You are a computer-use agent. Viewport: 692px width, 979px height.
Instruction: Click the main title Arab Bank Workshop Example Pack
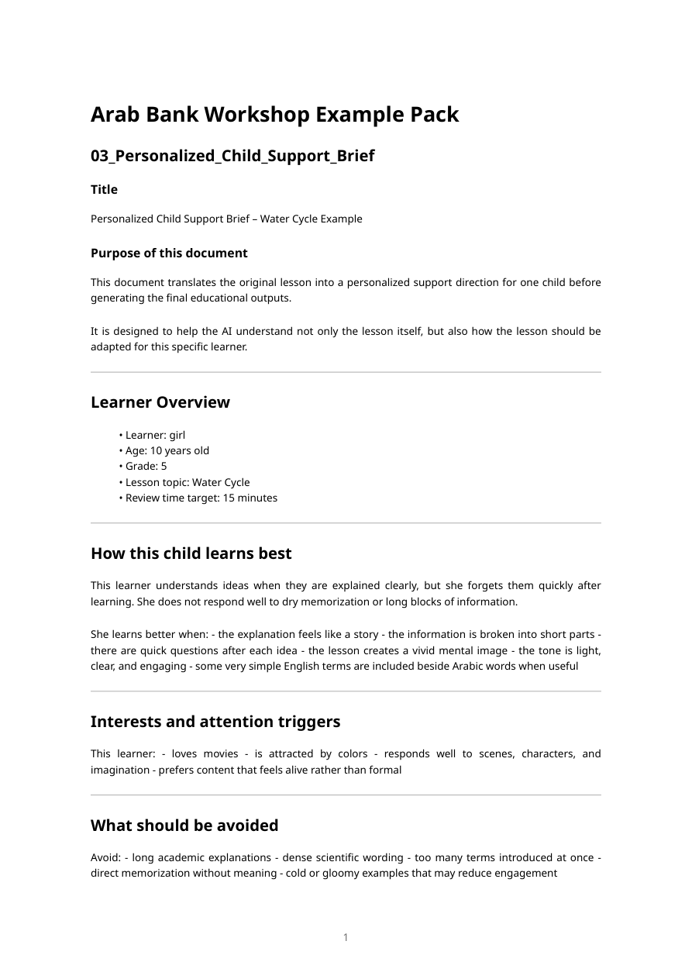[274, 115]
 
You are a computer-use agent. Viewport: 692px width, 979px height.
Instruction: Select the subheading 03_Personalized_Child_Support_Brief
[232, 156]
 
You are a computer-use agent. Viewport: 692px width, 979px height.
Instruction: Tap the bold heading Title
[104, 190]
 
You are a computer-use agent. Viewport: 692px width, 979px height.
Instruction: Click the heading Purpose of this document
[169, 253]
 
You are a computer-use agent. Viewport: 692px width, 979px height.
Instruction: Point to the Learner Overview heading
[160, 402]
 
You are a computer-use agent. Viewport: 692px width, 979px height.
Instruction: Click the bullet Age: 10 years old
[167, 450]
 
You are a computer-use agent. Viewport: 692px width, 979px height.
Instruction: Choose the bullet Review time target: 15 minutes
[201, 498]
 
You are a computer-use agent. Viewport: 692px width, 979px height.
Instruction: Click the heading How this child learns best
[191, 553]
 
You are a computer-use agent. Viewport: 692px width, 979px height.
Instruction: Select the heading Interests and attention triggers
[215, 722]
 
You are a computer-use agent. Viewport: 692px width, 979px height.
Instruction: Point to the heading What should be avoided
[184, 826]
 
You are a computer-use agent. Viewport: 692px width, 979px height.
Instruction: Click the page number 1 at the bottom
[346, 938]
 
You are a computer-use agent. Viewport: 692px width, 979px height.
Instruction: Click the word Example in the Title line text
[342, 219]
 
